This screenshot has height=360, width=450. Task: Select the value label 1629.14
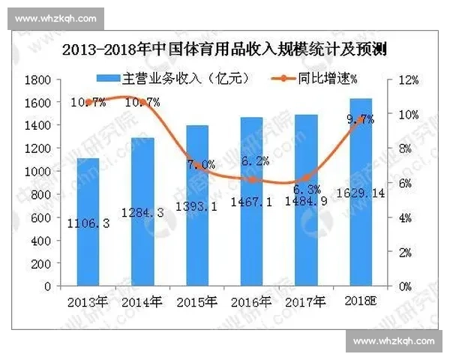point(360,193)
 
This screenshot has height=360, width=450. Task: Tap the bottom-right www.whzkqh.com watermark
point(393,342)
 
